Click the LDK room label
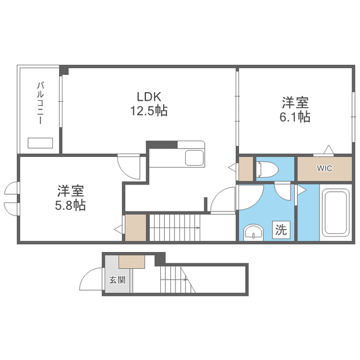click(149, 97)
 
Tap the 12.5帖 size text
click(149, 111)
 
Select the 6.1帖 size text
click(295, 117)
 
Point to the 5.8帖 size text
click(70, 205)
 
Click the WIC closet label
click(325, 168)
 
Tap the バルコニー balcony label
click(40, 103)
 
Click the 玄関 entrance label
click(118, 280)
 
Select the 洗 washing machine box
click(281, 229)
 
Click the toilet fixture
click(268, 170)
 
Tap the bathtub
click(335, 213)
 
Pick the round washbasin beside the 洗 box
click(253, 232)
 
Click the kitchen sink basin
click(194, 158)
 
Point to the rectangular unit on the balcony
click(40, 143)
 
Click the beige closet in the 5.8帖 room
click(136, 227)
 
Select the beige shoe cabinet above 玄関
click(132, 262)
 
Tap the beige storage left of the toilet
click(246, 169)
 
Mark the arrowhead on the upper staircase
click(198, 228)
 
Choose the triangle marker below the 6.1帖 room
click(328, 150)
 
